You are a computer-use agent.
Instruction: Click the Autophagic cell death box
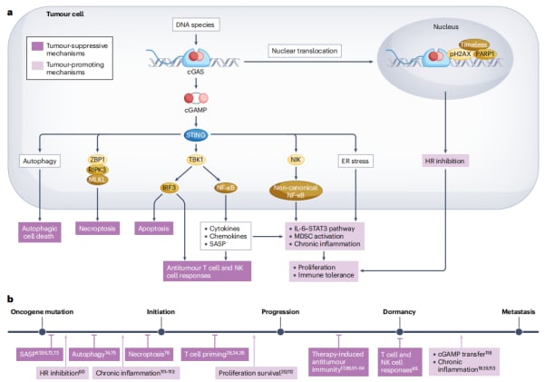coord(39,230)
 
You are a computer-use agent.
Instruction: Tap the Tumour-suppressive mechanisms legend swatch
coord(35,44)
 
